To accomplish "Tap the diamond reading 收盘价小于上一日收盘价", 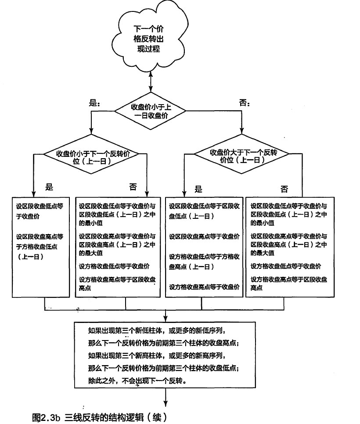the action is point(150,111).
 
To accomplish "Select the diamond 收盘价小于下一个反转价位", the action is point(91,154).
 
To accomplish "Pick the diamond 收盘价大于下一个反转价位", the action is point(242,154).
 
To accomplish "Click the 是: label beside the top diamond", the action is point(94,103).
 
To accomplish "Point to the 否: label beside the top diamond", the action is point(245,103).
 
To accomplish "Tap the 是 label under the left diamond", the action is point(49,187).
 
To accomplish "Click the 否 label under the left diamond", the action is point(133,187).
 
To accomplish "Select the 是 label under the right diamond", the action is point(198,189).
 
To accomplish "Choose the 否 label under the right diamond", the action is point(284,189).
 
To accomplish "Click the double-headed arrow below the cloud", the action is point(151,82).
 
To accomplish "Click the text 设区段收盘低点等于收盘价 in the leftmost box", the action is point(40,211).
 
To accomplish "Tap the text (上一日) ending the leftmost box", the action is point(31,257).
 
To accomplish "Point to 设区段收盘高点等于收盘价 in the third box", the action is point(204,237).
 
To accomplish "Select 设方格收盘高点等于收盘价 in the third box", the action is point(204,287).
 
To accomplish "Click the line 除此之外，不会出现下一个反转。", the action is point(137,381).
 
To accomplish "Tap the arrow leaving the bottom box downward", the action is point(165,397).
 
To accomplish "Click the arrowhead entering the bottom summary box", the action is point(165,319).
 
